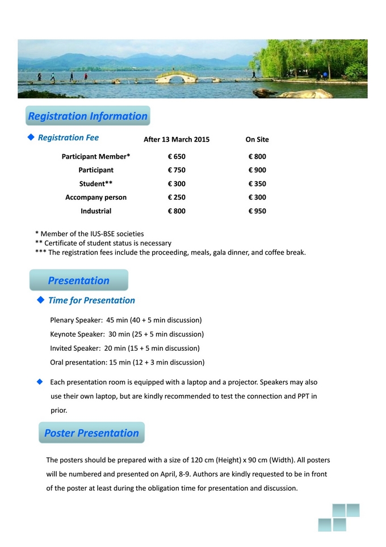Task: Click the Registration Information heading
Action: pos(88,116)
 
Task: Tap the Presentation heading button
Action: pos(79,280)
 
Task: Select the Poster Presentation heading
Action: pos(91,433)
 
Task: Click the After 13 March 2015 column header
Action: pos(177,139)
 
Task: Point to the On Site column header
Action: pos(257,139)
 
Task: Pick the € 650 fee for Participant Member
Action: pos(177,156)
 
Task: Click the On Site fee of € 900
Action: pos(257,170)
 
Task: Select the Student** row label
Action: pos(96,184)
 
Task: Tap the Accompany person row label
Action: pos(96,197)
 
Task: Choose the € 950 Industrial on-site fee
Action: pos(257,211)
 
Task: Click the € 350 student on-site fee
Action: pos(257,184)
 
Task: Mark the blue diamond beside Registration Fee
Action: pos(31,138)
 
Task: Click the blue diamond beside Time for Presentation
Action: pos(40,300)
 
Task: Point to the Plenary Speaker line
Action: pos(126,320)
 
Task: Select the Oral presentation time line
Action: pos(127,362)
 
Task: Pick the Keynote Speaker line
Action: pos(127,334)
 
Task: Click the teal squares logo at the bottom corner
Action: pos(339,517)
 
